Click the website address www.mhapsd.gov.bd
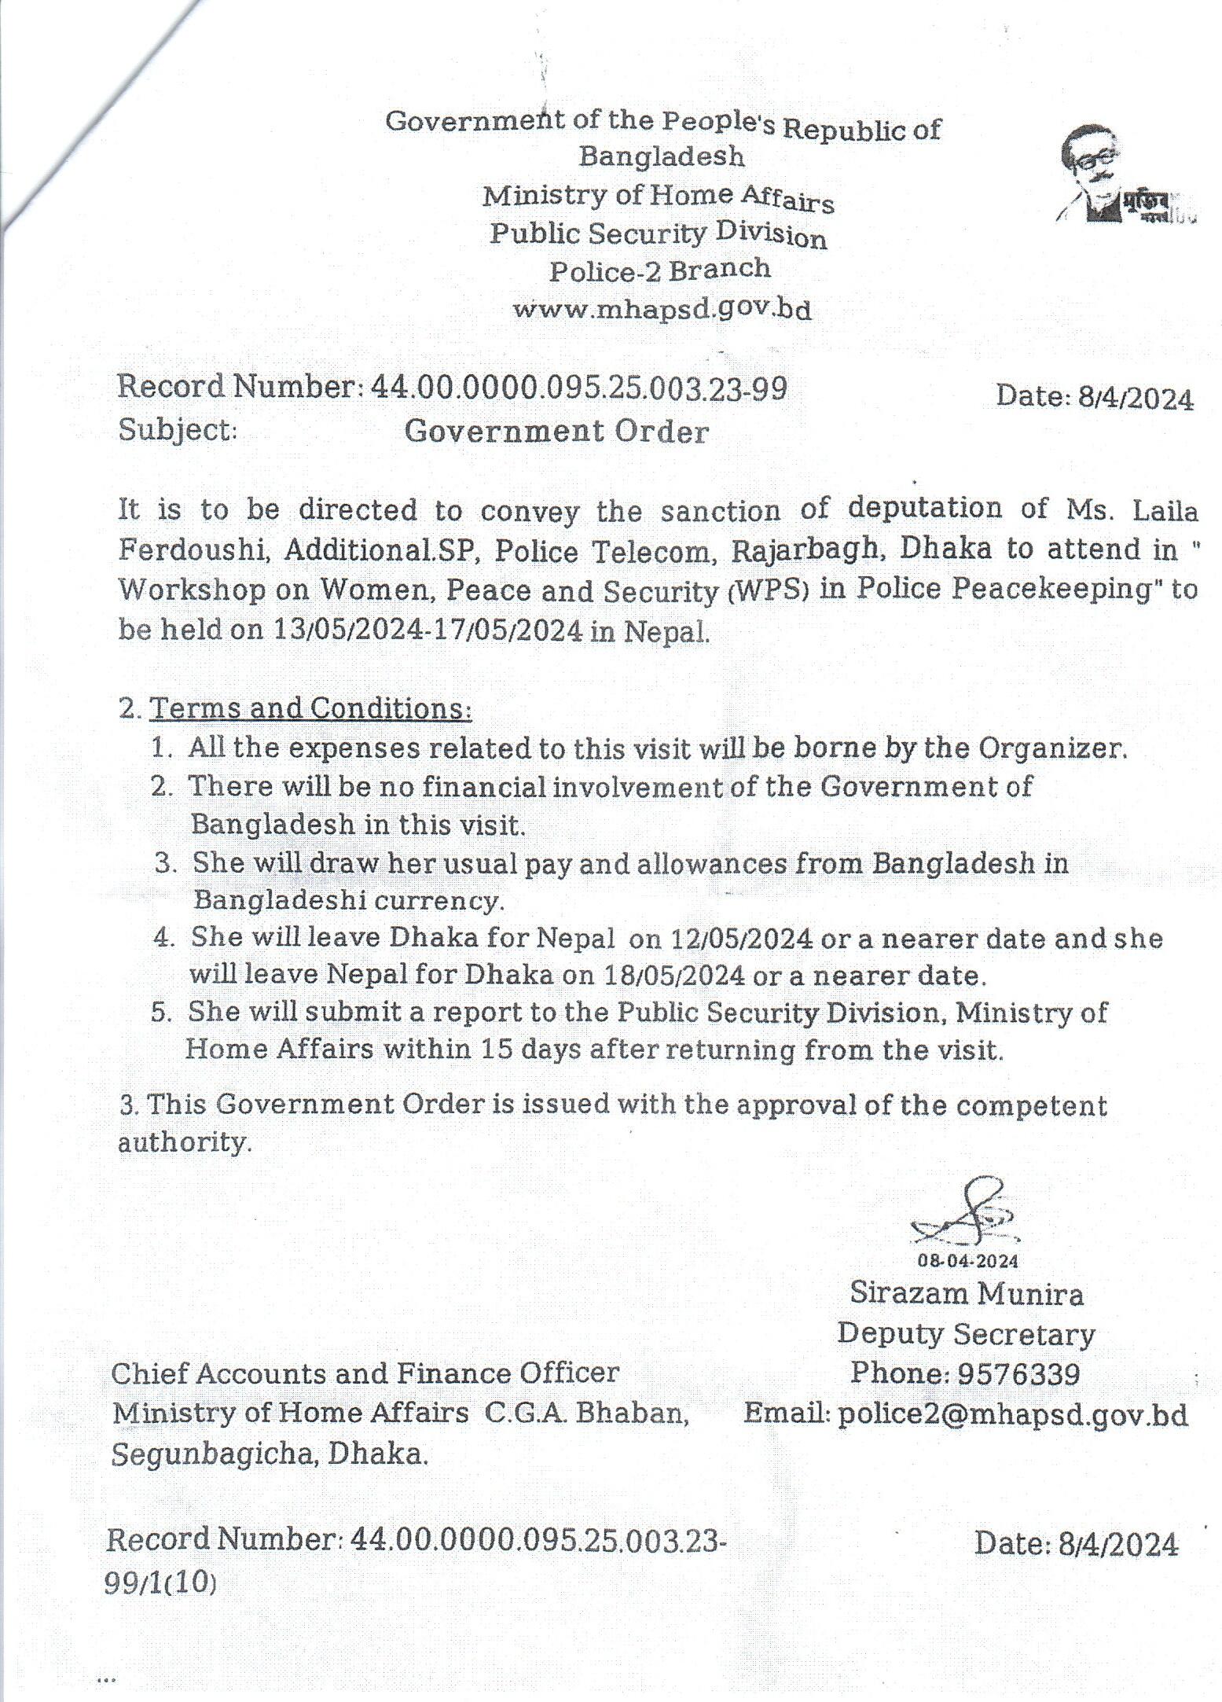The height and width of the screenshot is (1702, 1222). [662, 309]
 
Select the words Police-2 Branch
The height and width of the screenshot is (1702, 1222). [660, 270]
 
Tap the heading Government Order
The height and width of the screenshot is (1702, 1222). [556, 431]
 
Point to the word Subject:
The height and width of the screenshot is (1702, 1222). [178, 430]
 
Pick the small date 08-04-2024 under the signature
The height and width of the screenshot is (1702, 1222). [968, 1261]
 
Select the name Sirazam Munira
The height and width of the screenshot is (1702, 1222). [967, 1294]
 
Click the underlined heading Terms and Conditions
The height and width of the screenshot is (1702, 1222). [310, 708]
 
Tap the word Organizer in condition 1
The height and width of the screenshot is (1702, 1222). [1051, 748]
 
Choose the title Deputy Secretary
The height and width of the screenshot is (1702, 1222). [966, 1334]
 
